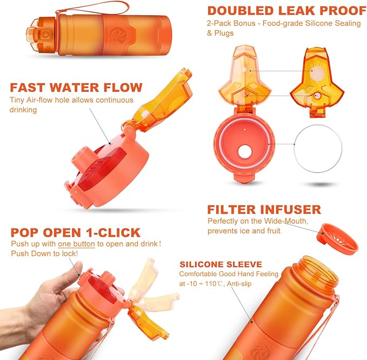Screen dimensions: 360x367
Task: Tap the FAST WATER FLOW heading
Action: click(76, 87)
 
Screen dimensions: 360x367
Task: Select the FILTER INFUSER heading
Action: click(264, 209)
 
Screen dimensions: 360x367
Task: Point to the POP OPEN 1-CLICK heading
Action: click(76, 233)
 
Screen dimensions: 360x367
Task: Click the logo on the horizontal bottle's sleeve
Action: click(117, 36)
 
